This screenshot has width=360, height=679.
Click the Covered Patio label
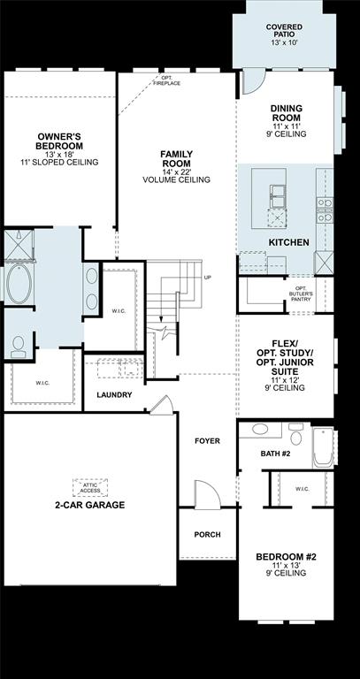pyautogui.click(x=284, y=34)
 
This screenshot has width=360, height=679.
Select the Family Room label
pyautogui.click(x=176, y=166)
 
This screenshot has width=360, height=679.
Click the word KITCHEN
pyautogui.click(x=288, y=242)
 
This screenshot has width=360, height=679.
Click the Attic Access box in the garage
pyautogui.click(x=89, y=487)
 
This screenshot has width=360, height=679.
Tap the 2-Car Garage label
pyautogui.click(x=89, y=505)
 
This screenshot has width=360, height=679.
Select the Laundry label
pyautogui.click(x=116, y=394)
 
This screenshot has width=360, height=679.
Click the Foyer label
pyautogui.click(x=207, y=440)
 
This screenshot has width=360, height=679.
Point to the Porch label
pyautogui.click(x=207, y=535)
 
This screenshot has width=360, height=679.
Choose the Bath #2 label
pyautogui.click(x=275, y=454)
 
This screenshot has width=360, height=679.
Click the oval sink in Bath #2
pyautogui.click(x=260, y=430)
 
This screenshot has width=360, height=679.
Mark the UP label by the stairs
pyautogui.click(x=208, y=278)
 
